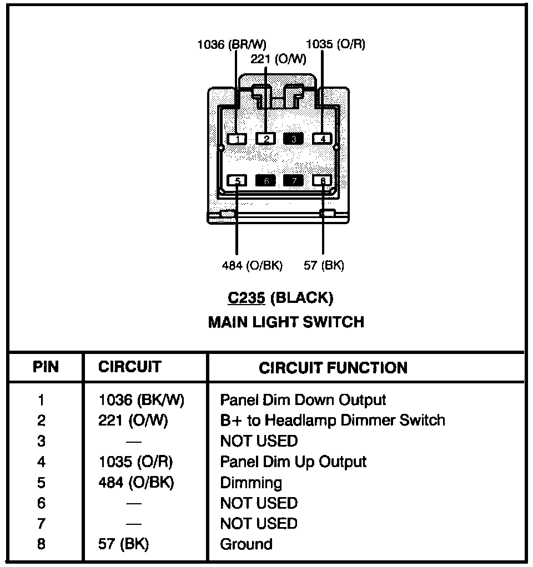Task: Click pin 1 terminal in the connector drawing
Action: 237,139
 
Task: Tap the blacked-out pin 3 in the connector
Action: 294,139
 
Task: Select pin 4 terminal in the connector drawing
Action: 322,139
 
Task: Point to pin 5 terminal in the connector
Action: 237,180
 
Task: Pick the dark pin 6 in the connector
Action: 265,180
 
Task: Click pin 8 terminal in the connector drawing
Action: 322,180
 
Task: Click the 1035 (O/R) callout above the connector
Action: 336,44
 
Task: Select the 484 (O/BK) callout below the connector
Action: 252,266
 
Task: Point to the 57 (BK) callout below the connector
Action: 324,266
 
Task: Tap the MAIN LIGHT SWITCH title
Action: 286,322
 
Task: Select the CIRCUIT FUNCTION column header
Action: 333,367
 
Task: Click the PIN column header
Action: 46,367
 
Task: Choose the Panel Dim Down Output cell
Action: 303,400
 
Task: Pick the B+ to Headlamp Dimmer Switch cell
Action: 333,421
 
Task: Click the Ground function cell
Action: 246,544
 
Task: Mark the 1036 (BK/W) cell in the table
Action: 141,400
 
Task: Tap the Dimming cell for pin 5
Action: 251,483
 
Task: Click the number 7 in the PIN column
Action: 42,524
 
